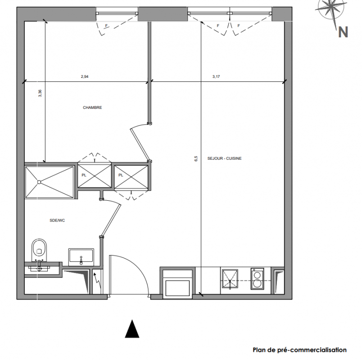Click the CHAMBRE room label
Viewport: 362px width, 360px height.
pyautogui.click(x=92, y=108)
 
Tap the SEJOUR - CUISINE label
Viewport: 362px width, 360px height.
pyautogui.click(x=224, y=158)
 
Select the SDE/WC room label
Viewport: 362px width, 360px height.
pyautogui.click(x=57, y=220)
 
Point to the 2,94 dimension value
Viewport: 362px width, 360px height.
pyautogui.click(x=85, y=76)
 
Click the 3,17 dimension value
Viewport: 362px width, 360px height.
pyautogui.click(x=216, y=76)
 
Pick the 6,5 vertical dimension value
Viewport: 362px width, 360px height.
pyautogui.click(x=196, y=158)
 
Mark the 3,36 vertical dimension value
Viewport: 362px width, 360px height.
pyautogui.click(x=40, y=93)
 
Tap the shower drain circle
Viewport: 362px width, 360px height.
pyautogui.click(x=39, y=182)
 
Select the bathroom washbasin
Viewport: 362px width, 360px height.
pyautogui.click(x=81, y=257)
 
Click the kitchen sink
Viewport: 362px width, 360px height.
pyautogui.click(x=230, y=279)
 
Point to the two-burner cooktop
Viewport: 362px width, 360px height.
pyautogui.click(x=257, y=279)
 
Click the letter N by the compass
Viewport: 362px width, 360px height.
pyautogui.click(x=343, y=32)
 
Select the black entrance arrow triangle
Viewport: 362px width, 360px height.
pyautogui.click(x=132, y=329)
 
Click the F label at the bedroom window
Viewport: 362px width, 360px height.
pyautogui.click(x=106, y=26)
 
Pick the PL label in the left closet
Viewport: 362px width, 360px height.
pyautogui.click(x=84, y=175)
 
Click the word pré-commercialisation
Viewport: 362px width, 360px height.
pyautogui.click(x=314, y=350)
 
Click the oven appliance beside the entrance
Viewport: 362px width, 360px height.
pyautogui.click(x=177, y=284)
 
